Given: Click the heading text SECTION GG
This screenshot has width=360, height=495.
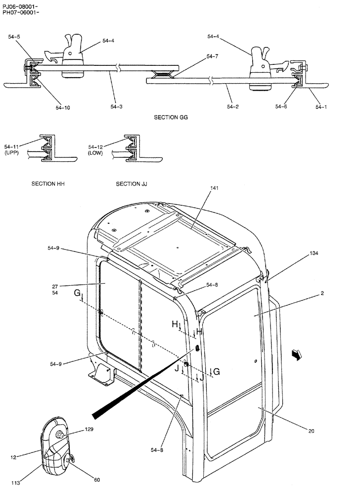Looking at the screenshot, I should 171,117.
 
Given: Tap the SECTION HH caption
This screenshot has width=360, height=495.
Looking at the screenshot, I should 48,184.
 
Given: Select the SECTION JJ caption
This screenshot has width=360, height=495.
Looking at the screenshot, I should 132,184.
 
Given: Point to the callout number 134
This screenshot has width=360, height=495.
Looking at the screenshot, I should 315,253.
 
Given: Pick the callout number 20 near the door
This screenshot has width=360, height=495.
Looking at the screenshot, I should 311,431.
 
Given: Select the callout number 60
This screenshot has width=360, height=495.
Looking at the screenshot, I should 96,479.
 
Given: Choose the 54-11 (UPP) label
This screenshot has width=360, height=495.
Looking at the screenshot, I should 12,150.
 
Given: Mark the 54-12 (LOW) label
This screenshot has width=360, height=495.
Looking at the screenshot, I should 96,150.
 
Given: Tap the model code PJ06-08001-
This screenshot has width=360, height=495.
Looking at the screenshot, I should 20,5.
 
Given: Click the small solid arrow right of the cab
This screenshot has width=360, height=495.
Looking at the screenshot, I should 296,354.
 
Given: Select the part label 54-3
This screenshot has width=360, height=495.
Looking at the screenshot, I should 117,106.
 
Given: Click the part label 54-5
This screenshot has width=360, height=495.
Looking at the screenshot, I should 14,36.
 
